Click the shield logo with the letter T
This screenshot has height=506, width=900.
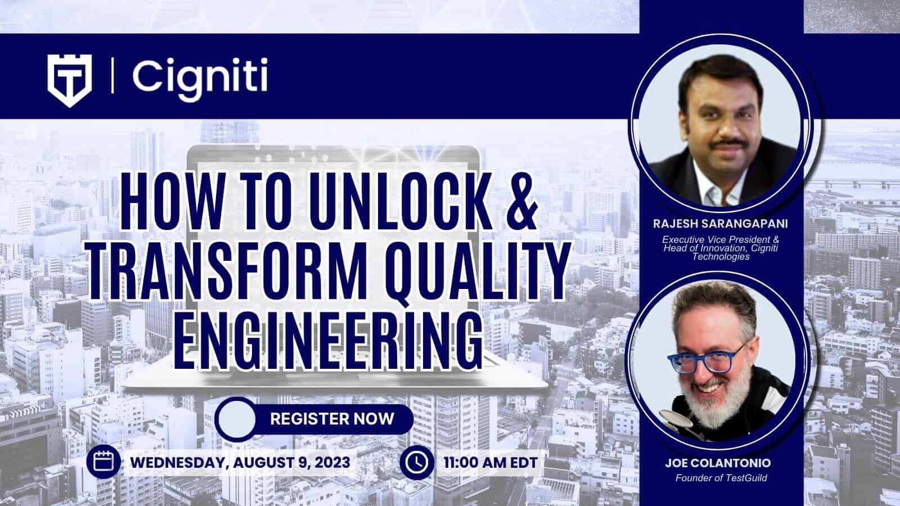pos(70,80)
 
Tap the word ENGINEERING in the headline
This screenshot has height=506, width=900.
pos(328,341)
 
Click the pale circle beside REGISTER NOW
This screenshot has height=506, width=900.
pos(237,419)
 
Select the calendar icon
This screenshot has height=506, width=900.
pos(103,462)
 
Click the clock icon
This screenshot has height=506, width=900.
pos(417,462)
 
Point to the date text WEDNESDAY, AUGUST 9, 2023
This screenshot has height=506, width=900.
pos(240,463)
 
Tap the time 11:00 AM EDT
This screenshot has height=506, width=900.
pos(490,463)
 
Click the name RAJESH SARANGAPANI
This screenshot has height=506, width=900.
pos(721,224)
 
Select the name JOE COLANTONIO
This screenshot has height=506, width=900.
pos(718,463)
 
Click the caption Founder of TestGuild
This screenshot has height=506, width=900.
pos(721,478)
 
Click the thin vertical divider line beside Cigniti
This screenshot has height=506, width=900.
pos(112,75)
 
